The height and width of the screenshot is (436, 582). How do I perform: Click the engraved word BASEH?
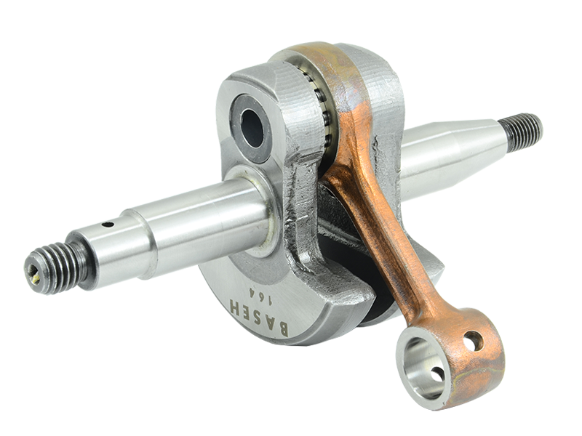click(258, 317)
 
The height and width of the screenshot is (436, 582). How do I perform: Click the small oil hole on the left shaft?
click(108, 224)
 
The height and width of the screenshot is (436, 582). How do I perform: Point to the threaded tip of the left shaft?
click(57, 266)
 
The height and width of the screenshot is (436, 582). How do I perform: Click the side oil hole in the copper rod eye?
click(474, 341)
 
